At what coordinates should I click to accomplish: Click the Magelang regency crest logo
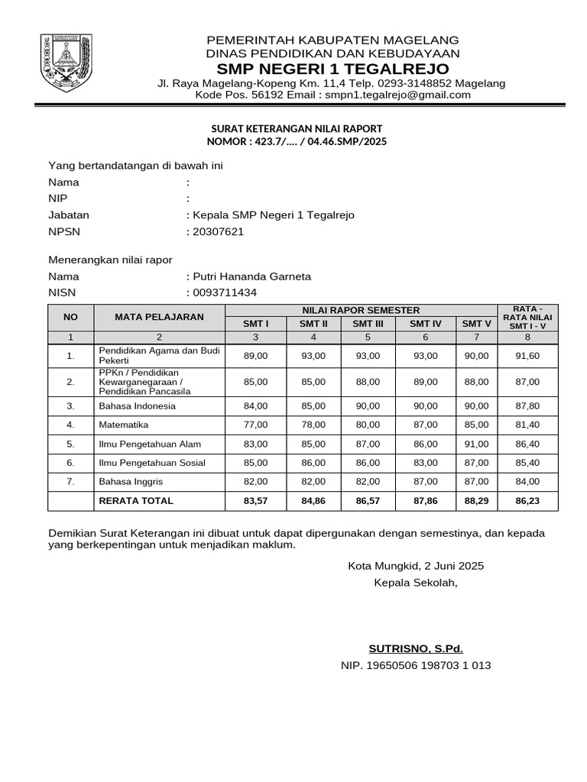click(x=66, y=61)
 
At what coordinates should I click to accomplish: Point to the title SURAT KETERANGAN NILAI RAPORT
click(x=296, y=128)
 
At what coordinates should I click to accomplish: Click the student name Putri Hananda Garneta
click(x=251, y=276)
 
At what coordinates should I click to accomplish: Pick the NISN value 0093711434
click(x=224, y=292)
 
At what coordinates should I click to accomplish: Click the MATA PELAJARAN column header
click(x=159, y=316)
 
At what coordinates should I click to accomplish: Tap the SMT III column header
click(x=368, y=324)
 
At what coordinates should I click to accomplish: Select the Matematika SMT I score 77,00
click(x=255, y=425)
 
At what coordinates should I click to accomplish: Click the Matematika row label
click(x=124, y=425)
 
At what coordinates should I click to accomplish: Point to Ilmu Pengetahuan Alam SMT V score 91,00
click(x=476, y=444)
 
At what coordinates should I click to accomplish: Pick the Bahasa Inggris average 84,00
click(x=527, y=482)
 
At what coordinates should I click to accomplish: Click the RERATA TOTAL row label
click(x=136, y=501)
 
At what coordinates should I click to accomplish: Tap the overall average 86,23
click(x=527, y=501)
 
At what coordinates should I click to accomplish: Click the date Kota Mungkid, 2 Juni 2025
click(x=416, y=566)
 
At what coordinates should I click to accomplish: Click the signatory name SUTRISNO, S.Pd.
click(x=416, y=649)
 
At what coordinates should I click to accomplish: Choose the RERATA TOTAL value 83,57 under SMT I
click(x=255, y=501)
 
